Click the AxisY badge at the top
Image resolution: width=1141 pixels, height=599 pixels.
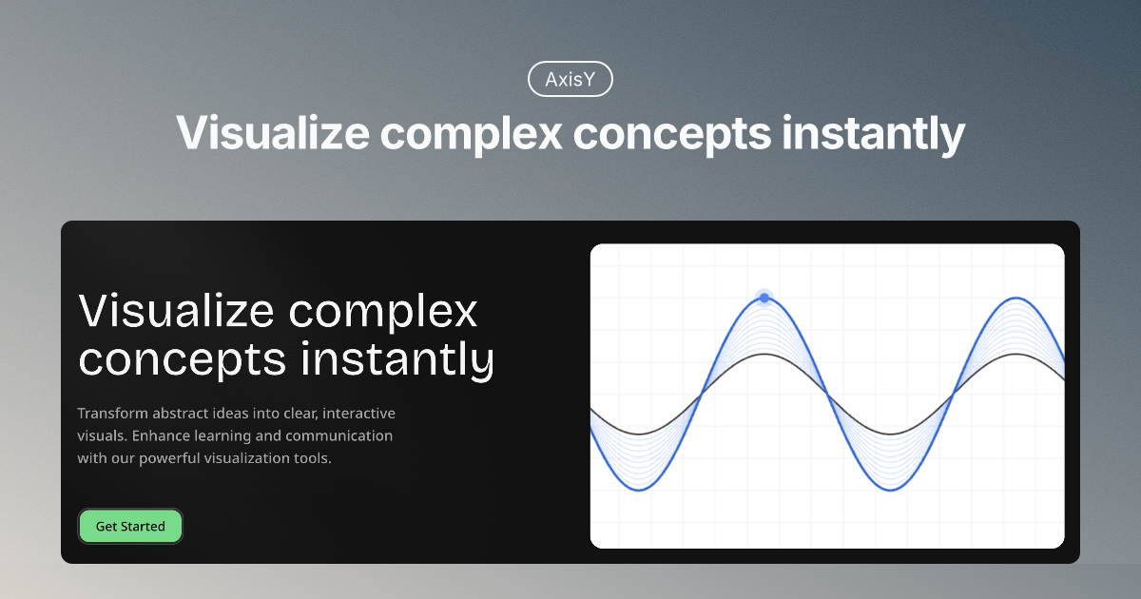(x=570, y=80)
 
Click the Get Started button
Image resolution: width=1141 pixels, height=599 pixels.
(x=130, y=526)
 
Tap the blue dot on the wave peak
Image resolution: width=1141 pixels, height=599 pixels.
(x=764, y=298)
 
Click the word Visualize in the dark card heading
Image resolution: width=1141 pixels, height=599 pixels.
(x=176, y=311)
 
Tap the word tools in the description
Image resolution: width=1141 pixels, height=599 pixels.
(x=314, y=458)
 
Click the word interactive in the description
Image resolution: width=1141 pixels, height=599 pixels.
(x=359, y=414)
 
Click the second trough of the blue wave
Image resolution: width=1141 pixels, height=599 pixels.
(x=890, y=490)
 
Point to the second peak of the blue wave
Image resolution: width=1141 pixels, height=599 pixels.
(x=1015, y=298)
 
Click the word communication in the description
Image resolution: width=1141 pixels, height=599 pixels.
(x=339, y=436)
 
